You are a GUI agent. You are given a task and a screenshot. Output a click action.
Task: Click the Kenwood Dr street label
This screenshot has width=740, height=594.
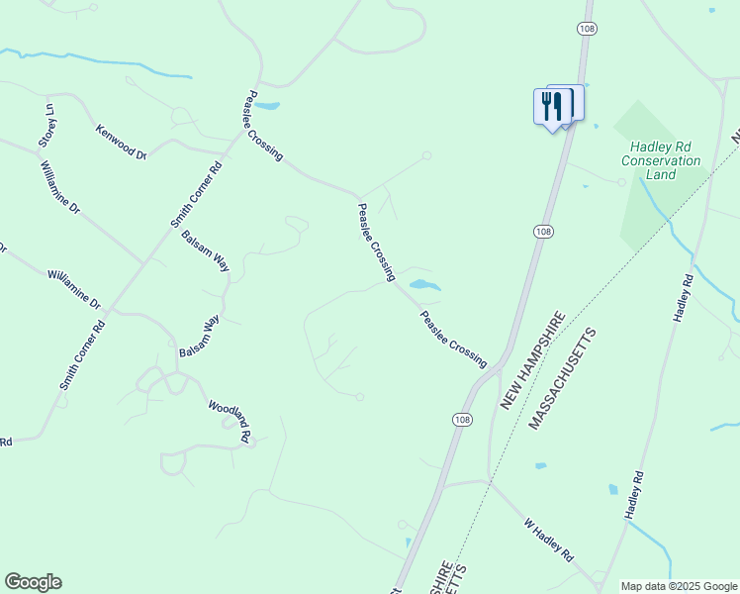point(122,143)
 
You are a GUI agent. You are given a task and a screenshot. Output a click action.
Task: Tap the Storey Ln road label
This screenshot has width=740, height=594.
point(47,123)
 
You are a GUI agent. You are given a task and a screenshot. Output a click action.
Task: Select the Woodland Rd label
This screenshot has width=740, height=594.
point(230,421)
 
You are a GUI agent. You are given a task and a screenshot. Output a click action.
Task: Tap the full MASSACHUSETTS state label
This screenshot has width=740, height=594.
point(564,378)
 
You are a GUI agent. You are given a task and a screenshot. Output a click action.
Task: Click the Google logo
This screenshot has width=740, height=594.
point(33,582)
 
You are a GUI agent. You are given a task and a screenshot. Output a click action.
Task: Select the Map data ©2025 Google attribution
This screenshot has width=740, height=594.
point(679,586)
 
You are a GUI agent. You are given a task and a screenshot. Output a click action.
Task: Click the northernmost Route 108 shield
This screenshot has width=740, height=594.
point(587,30)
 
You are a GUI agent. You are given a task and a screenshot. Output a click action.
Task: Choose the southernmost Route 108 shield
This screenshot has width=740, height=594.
point(462,420)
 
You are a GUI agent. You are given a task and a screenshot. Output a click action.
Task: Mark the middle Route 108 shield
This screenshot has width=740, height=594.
point(542,231)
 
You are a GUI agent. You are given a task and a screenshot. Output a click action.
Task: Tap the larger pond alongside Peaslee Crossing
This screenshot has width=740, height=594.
point(424,285)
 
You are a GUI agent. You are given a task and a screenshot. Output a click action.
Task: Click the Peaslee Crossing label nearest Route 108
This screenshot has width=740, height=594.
point(453,340)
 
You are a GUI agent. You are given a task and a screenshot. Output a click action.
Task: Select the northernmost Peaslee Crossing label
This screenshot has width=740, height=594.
point(264,126)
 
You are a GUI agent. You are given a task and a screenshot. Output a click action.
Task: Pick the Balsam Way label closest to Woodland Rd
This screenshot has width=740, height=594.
point(198,337)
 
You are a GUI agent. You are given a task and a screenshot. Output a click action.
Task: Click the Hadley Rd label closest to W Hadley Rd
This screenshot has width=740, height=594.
point(635,495)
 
